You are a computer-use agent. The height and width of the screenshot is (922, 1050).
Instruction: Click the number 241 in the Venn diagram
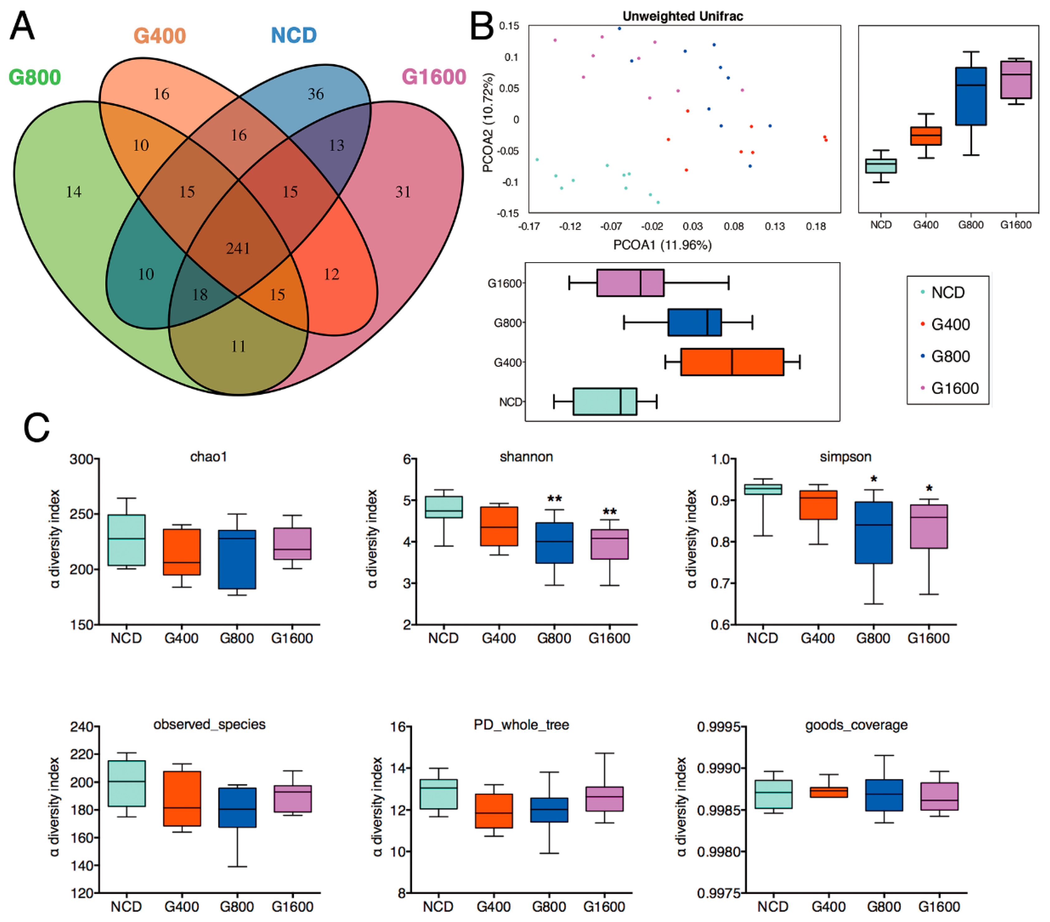click(238, 249)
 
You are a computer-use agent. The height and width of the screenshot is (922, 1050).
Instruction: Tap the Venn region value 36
click(315, 94)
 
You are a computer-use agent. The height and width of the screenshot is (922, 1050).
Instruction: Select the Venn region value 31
click(403, 192)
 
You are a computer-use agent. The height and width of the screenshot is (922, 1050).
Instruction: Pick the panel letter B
click(482, 27)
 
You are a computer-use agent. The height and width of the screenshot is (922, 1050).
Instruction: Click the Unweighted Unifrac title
click(683, 17)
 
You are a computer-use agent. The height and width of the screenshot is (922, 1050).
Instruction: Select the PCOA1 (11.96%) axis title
click(662, 245)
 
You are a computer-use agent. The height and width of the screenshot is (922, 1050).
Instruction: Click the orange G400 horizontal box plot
click(732, 362)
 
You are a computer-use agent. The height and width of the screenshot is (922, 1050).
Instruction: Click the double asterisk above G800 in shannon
click(554, 499)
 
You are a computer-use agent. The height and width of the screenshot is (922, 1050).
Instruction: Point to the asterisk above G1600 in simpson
click(929, 489)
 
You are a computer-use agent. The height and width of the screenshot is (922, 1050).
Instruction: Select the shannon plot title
click(526, 456)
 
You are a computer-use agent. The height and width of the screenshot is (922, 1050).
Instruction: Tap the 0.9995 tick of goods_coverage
click(718, 727)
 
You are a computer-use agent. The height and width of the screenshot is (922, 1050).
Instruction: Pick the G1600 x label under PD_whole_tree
click(604, 907)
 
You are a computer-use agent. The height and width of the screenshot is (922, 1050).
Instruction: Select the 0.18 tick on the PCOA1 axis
click(815, 227)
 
